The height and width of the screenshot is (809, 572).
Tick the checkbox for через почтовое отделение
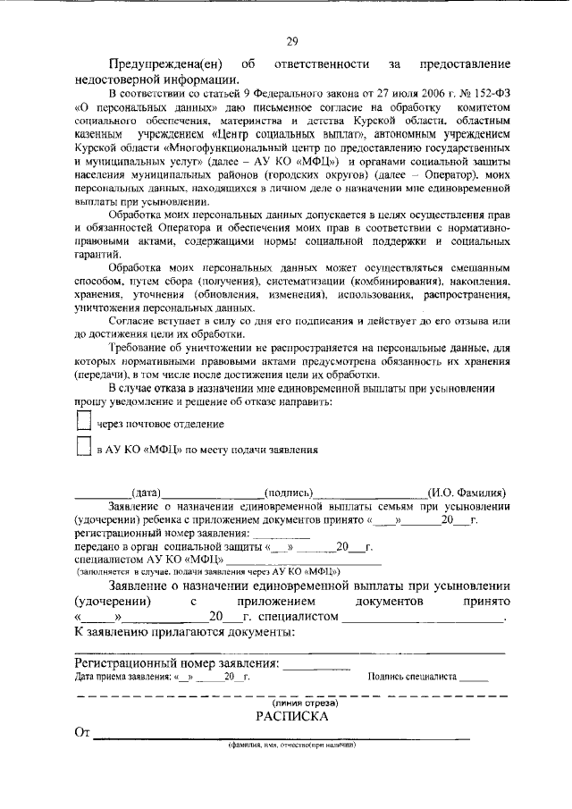coord(83,421)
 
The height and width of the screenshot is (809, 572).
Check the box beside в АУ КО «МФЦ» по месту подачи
coord(83,448)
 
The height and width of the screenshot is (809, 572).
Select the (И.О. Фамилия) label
coord(467,493)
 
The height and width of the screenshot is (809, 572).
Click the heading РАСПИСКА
coord(291,717)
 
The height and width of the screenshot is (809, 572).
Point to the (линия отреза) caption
coord(291,704)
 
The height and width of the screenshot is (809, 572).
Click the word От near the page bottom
coord(83,734)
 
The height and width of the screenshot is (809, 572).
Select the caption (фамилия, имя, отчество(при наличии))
coord(291,745)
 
